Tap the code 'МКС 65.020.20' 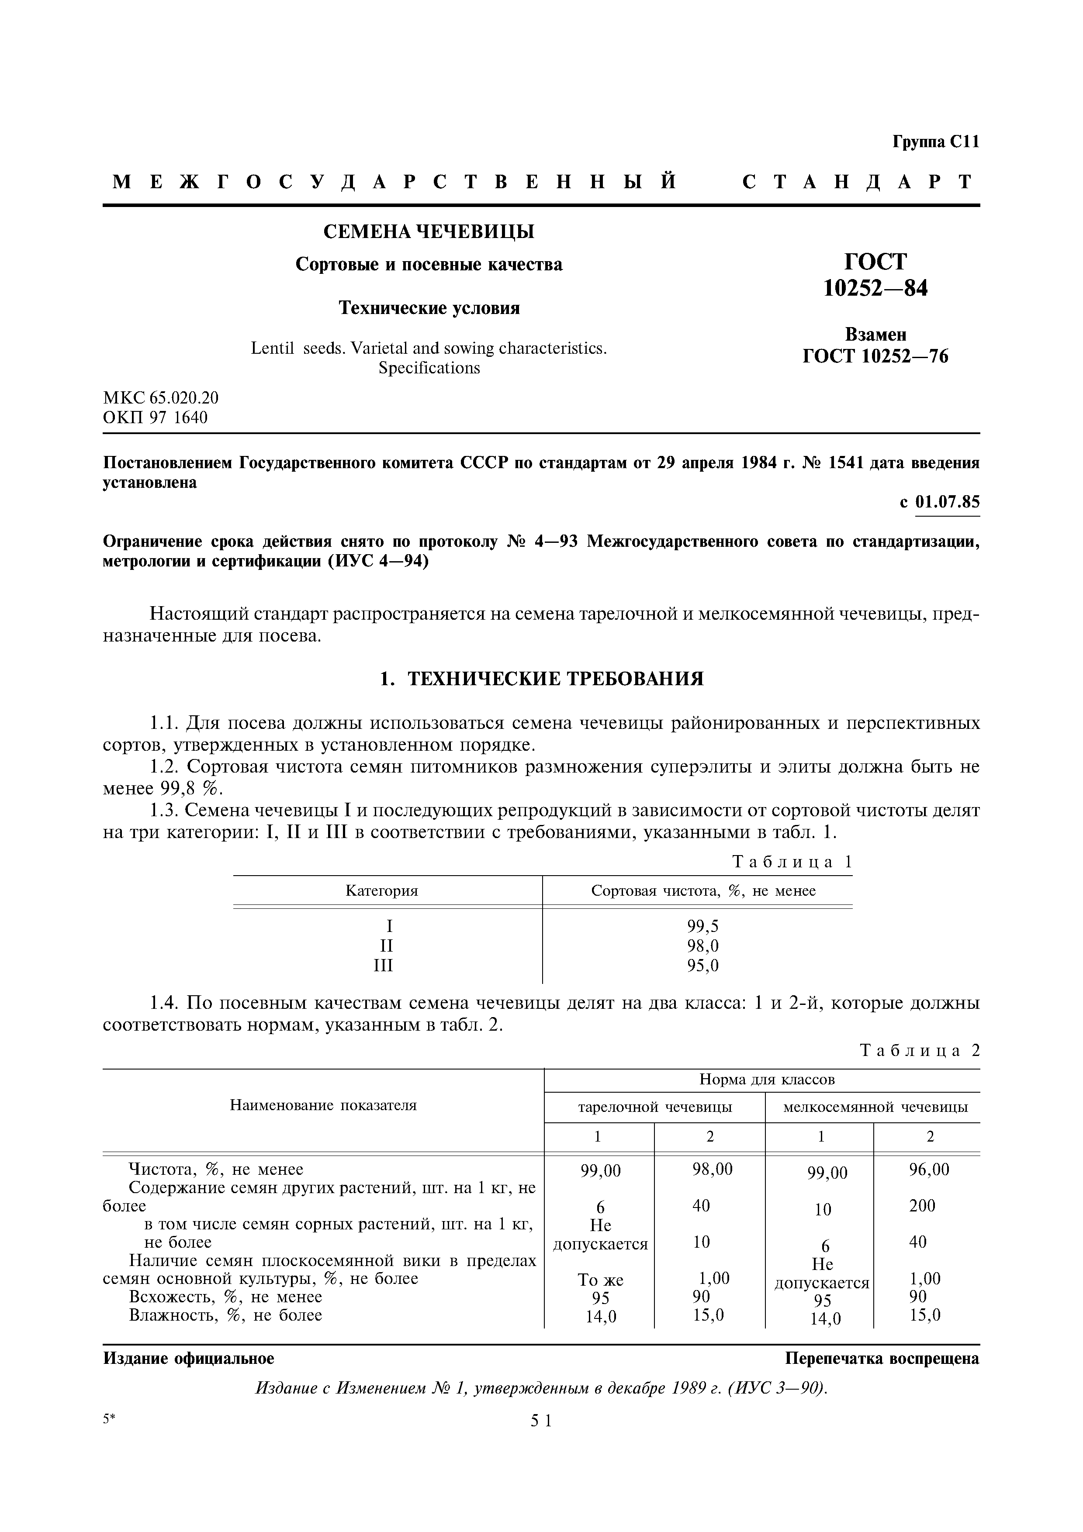pyautogui.click(x=160, y=398)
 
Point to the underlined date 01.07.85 pyautogui.click(x=947, y=502)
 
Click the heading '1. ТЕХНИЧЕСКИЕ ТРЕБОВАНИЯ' pyautogui.click(x=541, y=679)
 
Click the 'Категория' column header pyautogui.click(x=382, y=891)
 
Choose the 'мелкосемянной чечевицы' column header pyautogui.click(x=875, y=1108)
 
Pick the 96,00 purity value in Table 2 pyautogui.click(x=928, y=1170)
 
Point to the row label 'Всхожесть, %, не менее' pyautogui.click(x=225, y=1297)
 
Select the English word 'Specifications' pyautogui.click(x=429, y=368)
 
